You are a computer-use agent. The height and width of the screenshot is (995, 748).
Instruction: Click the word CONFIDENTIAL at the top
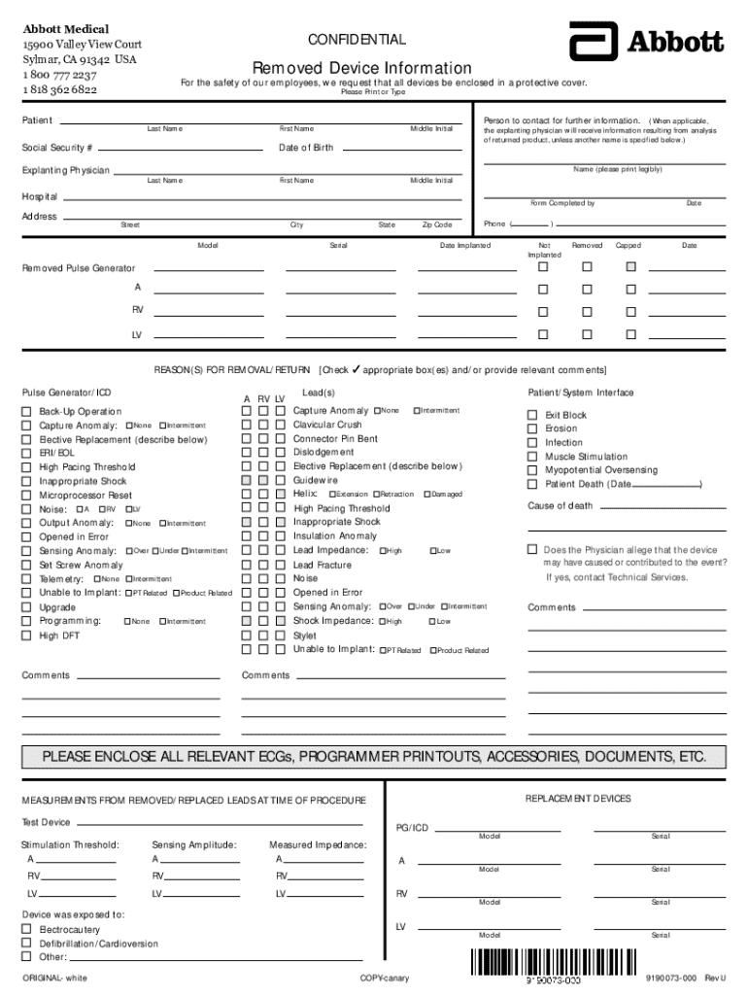point(357,40)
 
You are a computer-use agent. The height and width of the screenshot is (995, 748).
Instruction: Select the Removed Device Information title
point(362,68)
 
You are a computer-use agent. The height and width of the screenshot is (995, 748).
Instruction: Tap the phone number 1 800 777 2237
point(60,75)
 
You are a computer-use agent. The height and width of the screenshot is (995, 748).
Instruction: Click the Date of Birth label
point(306,148)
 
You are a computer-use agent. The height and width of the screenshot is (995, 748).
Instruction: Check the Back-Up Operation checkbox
point(27,412)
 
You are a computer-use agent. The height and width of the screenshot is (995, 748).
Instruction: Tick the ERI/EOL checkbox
point(27,454)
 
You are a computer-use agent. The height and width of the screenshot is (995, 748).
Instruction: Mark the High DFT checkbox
point(27,636)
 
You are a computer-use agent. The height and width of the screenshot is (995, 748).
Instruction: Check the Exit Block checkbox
point(532,415)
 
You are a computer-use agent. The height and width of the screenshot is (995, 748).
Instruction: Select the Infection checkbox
point(532,443)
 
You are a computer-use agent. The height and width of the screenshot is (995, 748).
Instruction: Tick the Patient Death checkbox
point(532,484)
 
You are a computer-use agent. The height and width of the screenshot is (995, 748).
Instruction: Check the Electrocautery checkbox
point(27,930)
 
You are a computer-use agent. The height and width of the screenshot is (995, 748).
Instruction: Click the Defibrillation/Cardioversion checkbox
point(27,944)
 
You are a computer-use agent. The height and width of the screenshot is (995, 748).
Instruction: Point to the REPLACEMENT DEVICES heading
point(578,799)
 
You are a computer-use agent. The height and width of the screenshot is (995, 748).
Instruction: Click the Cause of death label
point(560,505)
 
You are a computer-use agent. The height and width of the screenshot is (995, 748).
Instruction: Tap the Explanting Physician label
point(65,170)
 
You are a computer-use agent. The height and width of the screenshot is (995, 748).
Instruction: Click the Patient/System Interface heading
point(580,393)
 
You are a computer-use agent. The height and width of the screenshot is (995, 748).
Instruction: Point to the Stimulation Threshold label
point(70,844)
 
